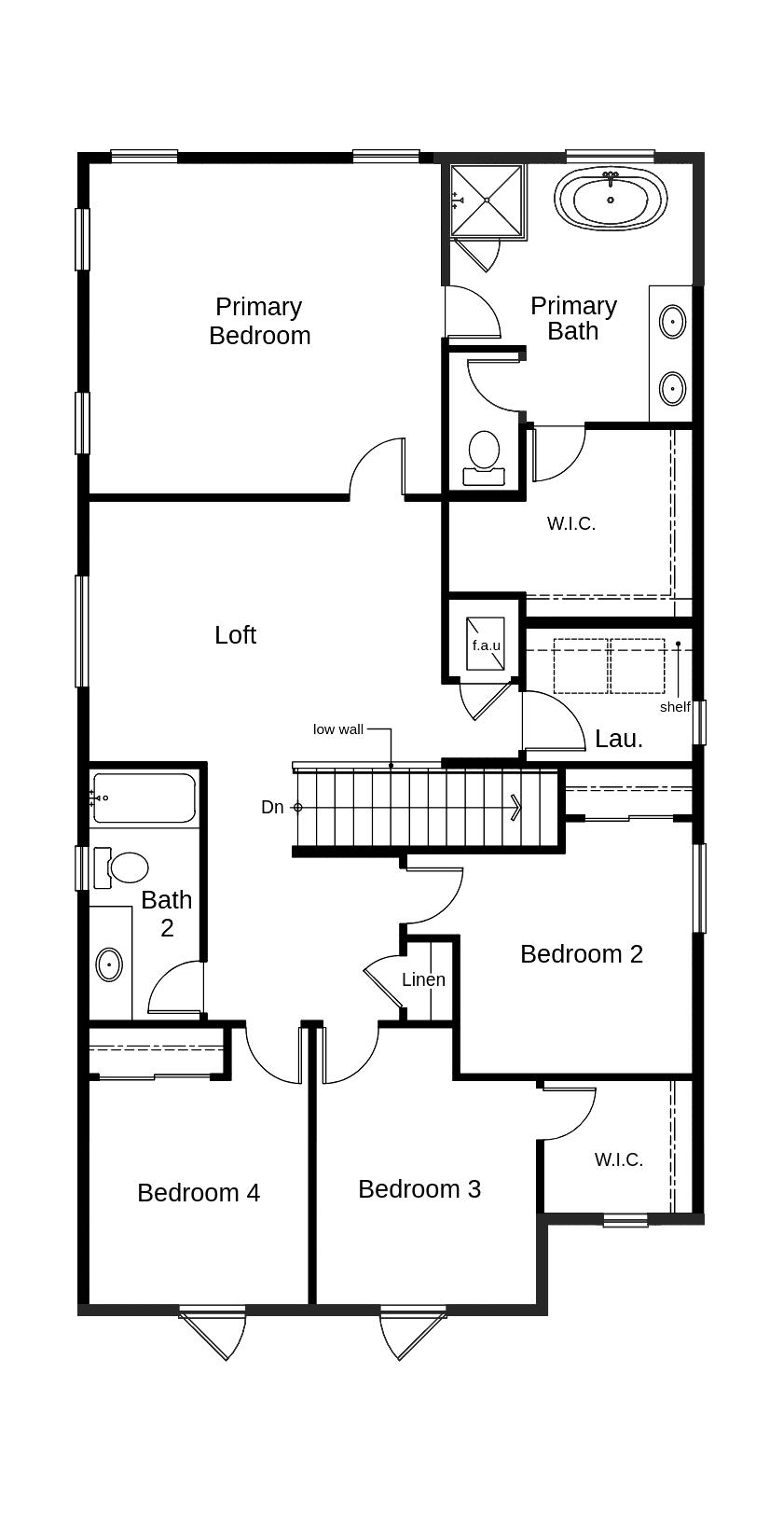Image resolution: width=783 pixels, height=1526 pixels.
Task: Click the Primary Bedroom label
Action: click(259, 321)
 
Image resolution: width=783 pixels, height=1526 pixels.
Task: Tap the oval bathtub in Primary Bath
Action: click(611, 200)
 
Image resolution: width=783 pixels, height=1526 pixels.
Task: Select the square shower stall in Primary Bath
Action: click(486, 200)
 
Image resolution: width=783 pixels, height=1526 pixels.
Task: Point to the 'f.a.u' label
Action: click(486, 645)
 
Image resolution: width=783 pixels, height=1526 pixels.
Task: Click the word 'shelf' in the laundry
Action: click(675, 707)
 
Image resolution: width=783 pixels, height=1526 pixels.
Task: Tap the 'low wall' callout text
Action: click(337, 729)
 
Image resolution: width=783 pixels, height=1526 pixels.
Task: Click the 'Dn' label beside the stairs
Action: click(272, 808)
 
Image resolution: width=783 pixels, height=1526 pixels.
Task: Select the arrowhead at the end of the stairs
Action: click(515, 808)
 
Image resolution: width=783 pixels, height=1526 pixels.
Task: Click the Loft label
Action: click(235, 635)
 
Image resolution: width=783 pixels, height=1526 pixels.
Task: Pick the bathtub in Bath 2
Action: click(144, 798)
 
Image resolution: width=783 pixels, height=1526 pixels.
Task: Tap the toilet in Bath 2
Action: click(123, 867)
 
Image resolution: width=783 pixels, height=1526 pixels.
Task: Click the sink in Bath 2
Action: click(109, 964)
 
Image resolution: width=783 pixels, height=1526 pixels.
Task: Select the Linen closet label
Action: click(423, 980)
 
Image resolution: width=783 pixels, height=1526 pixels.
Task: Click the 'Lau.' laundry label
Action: click(619, 740)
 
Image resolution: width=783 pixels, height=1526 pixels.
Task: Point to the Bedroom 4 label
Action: click(199, 1193)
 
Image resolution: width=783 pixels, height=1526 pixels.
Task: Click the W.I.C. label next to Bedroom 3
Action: click(619, 1160)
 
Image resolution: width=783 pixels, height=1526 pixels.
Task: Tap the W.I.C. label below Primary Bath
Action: click(570, 524)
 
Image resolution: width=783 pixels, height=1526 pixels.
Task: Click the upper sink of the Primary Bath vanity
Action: click(672, 322)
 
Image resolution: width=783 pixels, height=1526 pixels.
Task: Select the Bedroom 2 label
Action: click(582, 954)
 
